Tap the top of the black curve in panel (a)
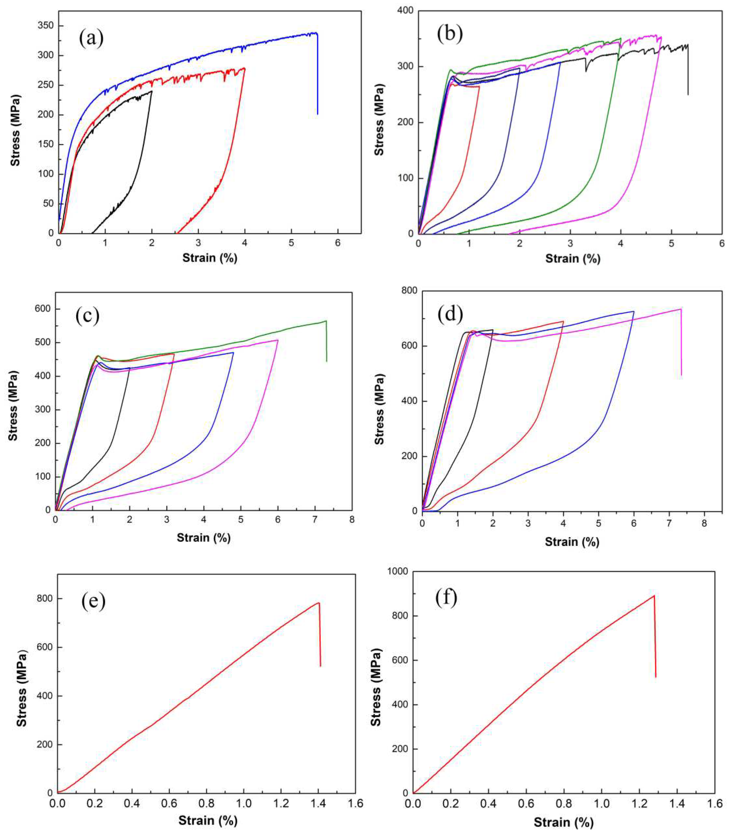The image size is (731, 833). (152, 91)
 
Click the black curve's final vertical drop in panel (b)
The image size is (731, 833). (688, 71)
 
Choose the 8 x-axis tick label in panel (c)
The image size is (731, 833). (352, 520)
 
